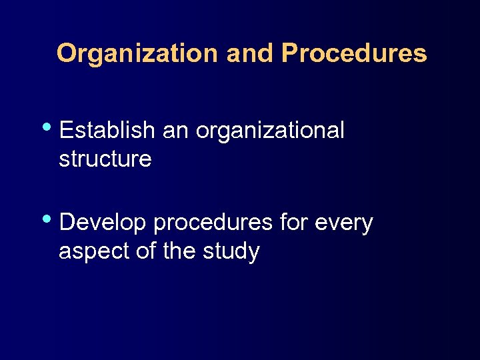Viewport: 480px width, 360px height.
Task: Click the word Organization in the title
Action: [x=138, y=53]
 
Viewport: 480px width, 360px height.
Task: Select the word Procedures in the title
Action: [x=353, y=53]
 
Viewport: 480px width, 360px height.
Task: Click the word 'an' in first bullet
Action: [x=175, y=131]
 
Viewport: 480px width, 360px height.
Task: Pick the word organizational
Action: [x=270, y=131]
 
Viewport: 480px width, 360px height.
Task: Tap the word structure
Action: [x=105, y=159]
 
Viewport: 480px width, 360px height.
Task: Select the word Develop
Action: [x=103, y=223]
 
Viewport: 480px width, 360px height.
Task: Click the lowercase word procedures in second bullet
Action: [x=213, y=224]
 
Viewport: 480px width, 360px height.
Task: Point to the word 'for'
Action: [x=292, y=223]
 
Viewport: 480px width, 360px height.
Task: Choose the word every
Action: [x=343, y=224]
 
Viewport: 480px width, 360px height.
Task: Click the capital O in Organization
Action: [x=67, y=53]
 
